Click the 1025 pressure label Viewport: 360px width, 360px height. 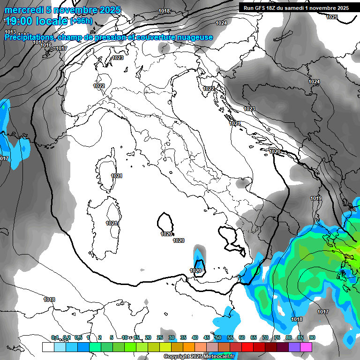(332, 17)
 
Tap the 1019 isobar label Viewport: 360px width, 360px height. (316, 199)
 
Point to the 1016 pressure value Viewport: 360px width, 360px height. (46, 45)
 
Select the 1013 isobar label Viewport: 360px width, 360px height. (10, 32)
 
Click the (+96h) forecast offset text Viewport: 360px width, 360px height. (81, 21)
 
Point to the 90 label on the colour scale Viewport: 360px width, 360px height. (312, 337)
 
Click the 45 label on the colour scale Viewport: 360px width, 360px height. (207, 337)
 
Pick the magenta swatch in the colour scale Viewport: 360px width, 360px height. (306, 347)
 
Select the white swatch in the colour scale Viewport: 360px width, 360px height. (48, 347)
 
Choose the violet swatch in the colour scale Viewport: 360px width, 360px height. (294, 347)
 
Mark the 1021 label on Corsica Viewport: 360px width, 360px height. (117, 176)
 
